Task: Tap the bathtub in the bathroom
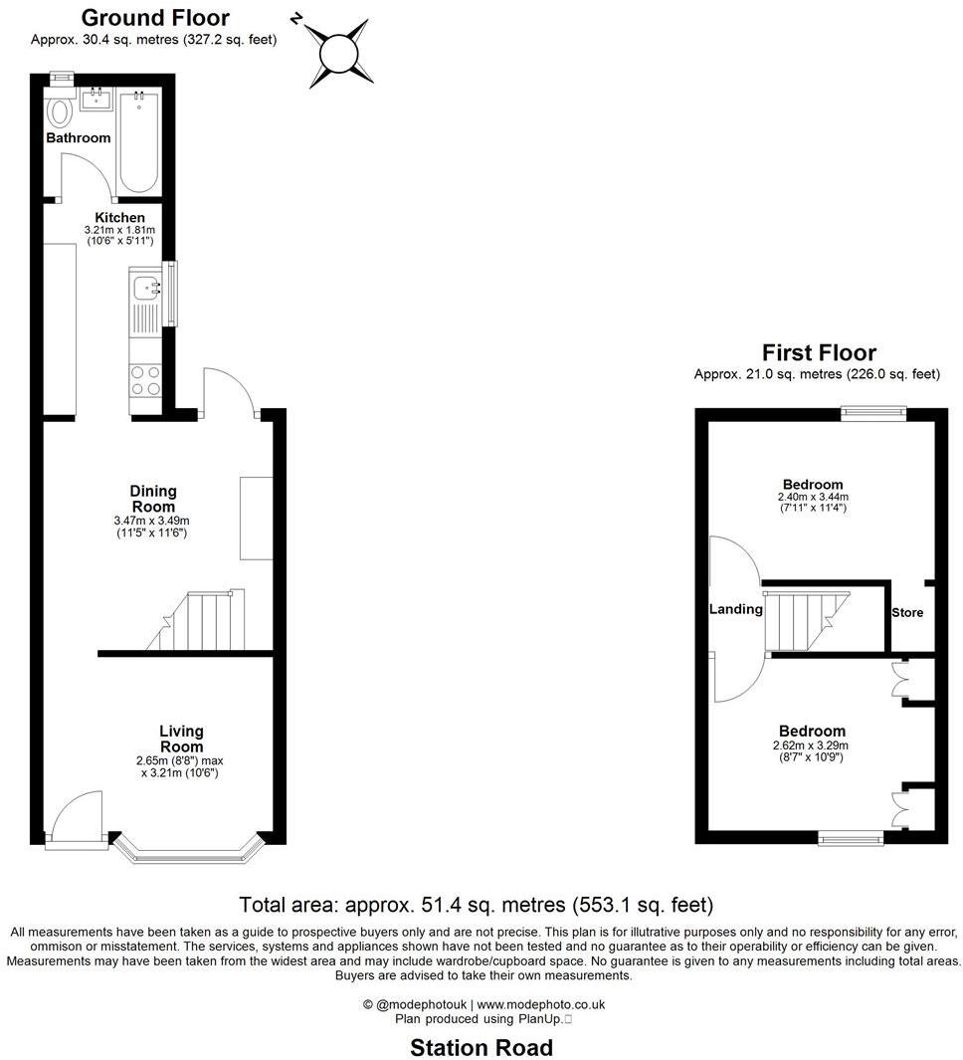pyautogui.click(x=137, y=140)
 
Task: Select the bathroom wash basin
pyautogui.click(x=96, y=99)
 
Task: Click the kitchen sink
pyautogui.click(x=147, y=289)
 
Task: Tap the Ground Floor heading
pyautogui.click(x=154, y=18)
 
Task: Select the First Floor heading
pyautogui.click(x=818, y=352)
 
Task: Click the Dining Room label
pyautogui.click(x=152, y=499)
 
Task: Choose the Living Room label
pyautogui.click(x=181, y=740)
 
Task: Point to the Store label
pyautogui.click(x=906, y=612)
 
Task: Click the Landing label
pyautogui.click(x=735, y=609)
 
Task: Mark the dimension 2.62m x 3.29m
pyautogui.click(x=811, y=744)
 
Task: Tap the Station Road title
pyautogui.click(x=481, y=1047)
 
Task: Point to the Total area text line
pyautogui.click(x=477, y=905)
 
